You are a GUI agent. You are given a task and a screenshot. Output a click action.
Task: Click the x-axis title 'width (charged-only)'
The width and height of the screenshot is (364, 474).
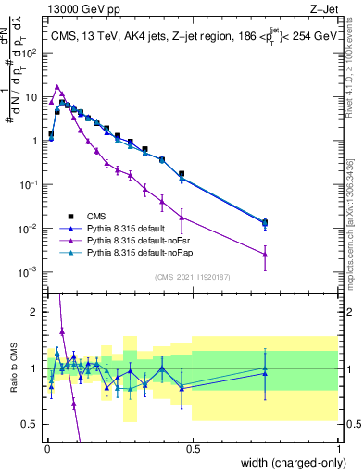290,464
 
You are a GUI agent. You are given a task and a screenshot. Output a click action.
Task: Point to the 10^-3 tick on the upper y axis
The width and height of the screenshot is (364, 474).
27,272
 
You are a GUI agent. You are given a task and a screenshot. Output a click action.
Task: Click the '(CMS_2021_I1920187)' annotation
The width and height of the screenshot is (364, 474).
192,277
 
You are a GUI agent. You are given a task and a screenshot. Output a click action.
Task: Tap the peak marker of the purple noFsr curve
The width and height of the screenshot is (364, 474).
57,87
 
